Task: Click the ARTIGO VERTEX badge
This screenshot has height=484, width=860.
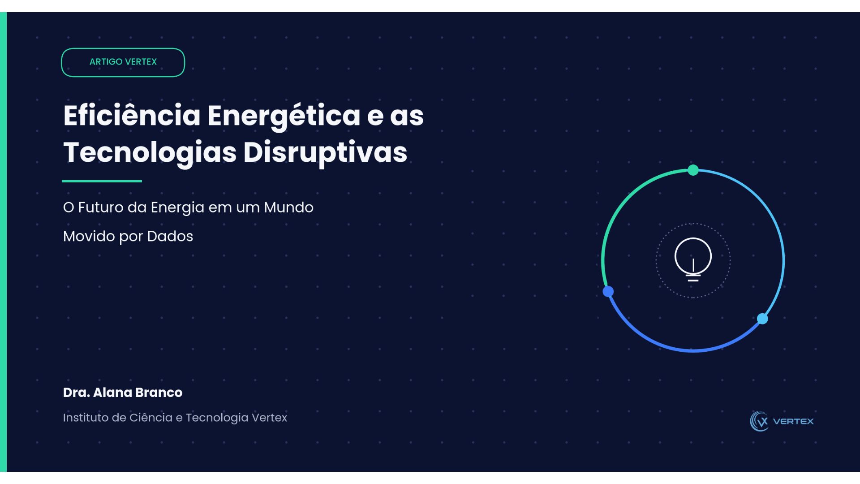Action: click(x=123, y=62)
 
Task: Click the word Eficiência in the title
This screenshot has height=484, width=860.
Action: click(x=132, y=115)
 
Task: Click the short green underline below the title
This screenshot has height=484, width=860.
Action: click(x=102, y=181)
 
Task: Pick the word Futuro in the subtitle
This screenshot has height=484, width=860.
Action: click(x=101, y=207)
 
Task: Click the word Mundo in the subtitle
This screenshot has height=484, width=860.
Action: click(x=288, y=207)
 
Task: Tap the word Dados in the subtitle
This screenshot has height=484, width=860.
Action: click(x=170, y=236)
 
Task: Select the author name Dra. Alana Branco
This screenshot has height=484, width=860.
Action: click(x=123, y=393)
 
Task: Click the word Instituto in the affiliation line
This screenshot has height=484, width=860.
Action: click(x=86, y=418)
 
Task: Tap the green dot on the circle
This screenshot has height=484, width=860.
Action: click(x=693, y=170)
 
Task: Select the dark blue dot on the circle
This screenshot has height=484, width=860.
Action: click(x=608, y=292)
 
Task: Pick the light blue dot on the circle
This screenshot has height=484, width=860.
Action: click(x=762, y=319)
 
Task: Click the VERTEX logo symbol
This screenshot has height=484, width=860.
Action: click(x=759, y=421)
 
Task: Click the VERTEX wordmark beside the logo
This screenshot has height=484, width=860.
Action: click(x=793, y=421)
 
